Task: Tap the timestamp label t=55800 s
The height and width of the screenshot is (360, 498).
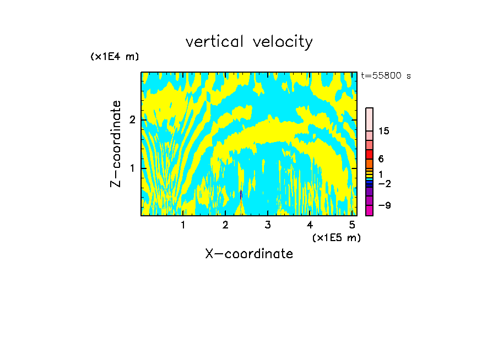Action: [386, 76]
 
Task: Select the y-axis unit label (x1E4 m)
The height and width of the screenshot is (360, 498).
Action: [115, 56]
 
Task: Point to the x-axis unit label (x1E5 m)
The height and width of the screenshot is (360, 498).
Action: [336, 237]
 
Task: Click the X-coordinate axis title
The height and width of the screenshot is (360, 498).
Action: [249, 254]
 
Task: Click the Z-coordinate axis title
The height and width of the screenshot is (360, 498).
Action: [116, 143]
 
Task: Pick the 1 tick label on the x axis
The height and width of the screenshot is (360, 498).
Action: [183, 225]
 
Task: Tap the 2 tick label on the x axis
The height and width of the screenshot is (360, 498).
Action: [225, 225]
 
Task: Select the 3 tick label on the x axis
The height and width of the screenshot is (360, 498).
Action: [268, 225]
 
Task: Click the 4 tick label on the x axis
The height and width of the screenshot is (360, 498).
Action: [310, 225]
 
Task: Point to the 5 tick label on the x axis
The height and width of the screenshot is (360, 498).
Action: [353, 225]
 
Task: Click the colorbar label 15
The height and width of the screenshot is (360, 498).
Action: [384, 131]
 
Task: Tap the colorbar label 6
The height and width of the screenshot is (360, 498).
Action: [381, 159]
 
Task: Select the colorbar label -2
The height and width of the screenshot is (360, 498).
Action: [384, 183]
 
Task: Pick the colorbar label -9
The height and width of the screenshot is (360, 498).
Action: [384, 205]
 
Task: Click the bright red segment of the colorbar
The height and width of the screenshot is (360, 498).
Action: [369, 154]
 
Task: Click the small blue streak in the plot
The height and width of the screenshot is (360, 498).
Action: [241, 195]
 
